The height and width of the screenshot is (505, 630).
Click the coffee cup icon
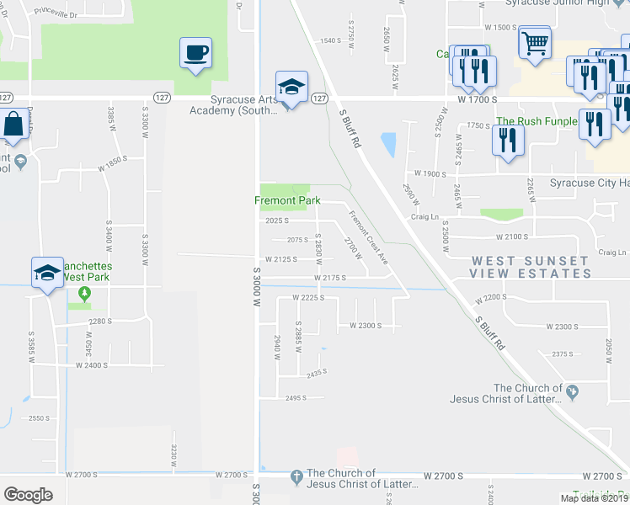[x=195, y=53]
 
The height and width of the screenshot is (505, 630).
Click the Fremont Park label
[x=288, y=200]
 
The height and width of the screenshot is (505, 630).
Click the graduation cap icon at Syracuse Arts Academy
[x=291, y=88]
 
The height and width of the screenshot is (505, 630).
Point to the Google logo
[x=28, y=494]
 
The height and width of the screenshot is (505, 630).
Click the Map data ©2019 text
[x=593, y=498]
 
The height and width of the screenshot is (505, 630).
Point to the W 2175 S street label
[x=330, y=277]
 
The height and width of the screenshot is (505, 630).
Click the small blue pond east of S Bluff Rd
[x=388, y=146]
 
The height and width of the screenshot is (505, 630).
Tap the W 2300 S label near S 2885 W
[x=360, y=326]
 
